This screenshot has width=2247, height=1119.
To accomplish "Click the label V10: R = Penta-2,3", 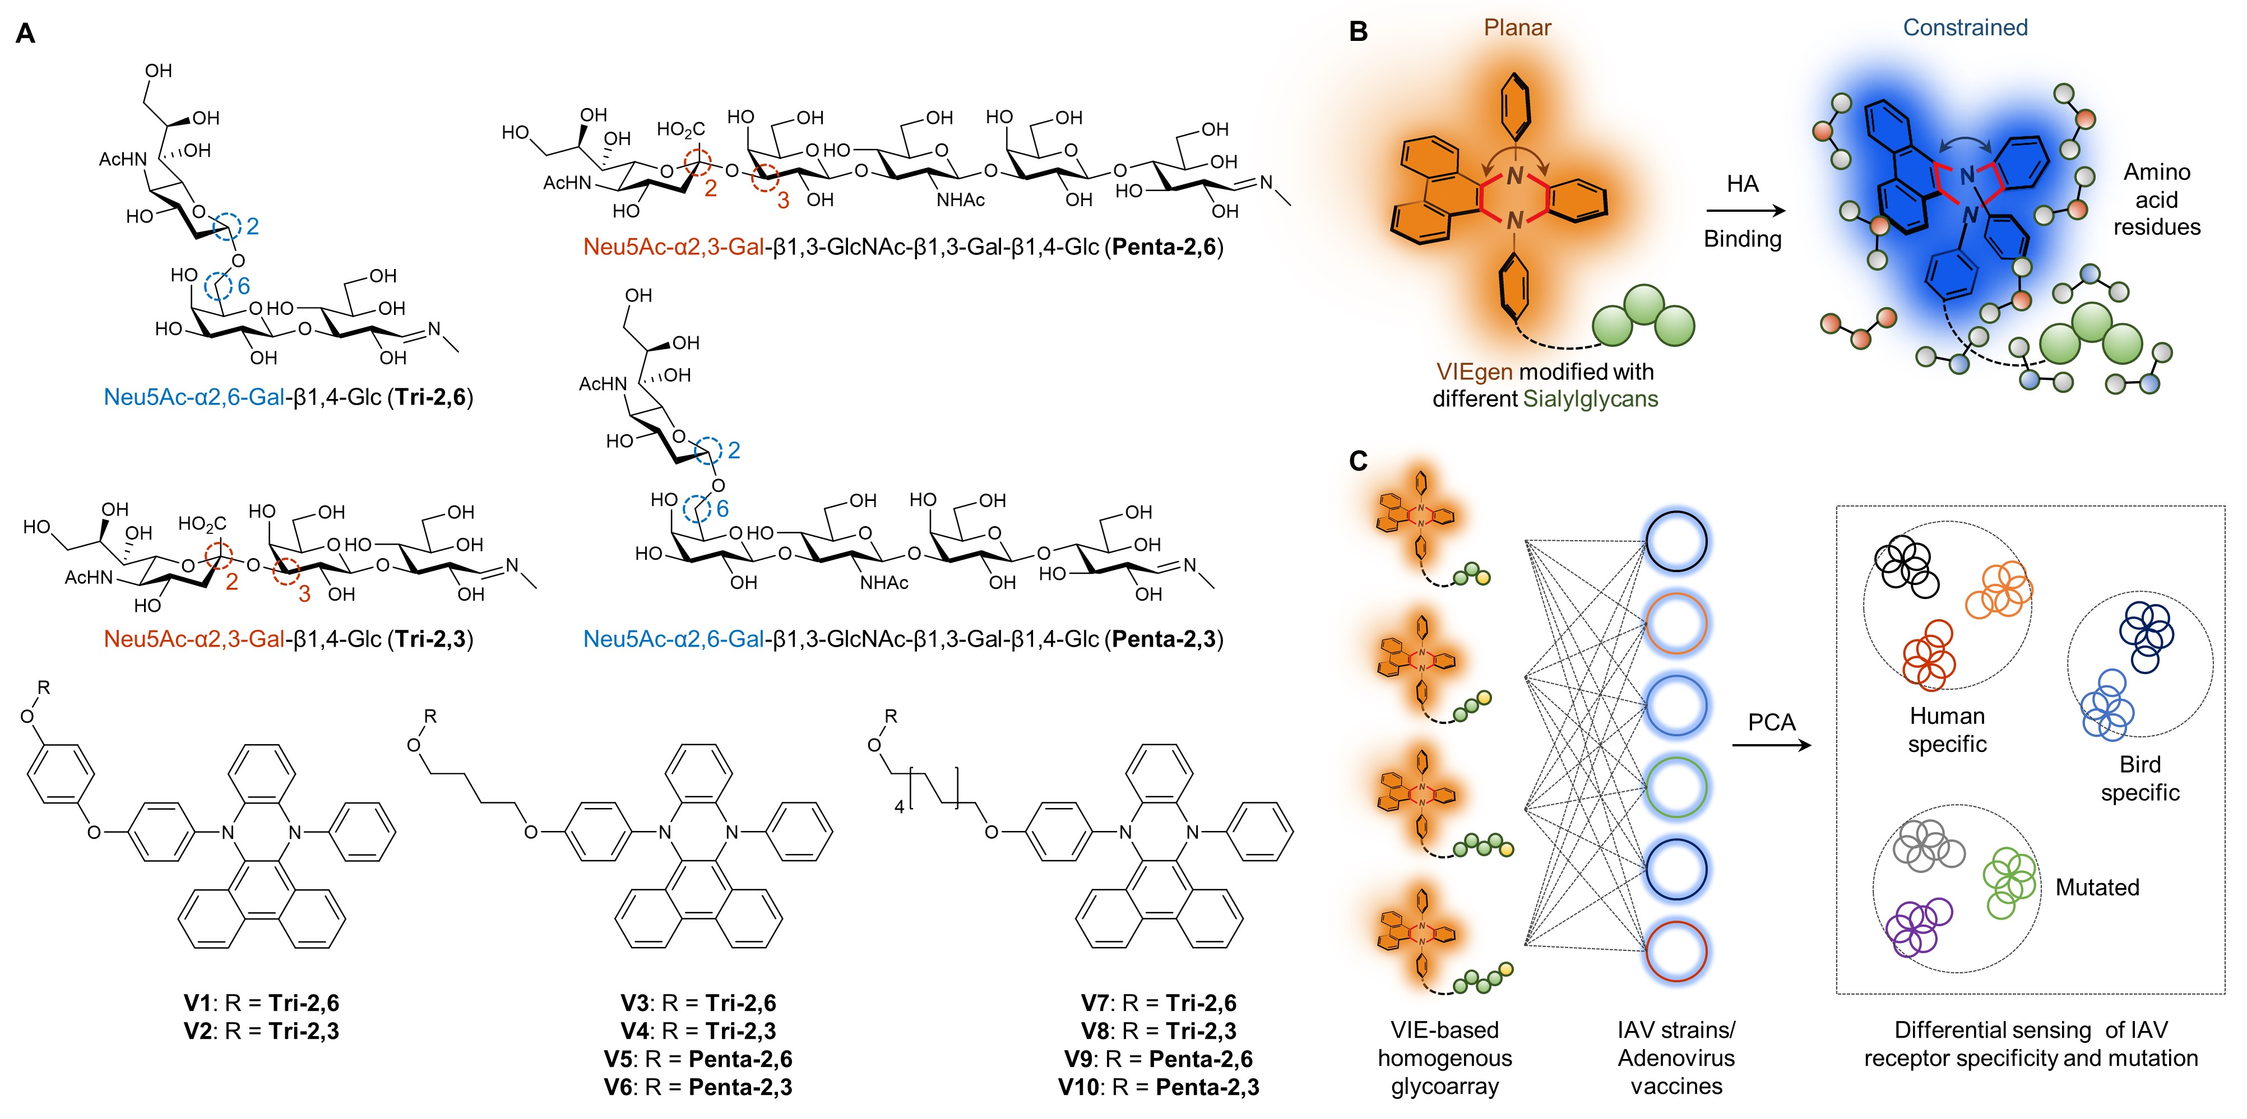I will (1159, 1087).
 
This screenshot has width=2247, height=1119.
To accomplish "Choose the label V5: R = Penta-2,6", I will (698, 1059).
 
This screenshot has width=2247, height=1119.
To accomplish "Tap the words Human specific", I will (1947, 730).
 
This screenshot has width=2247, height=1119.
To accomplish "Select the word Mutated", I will (2097, 888).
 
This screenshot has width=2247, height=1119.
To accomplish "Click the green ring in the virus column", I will (1676, 788).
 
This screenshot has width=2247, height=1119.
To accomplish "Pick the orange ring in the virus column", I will (1676, 624).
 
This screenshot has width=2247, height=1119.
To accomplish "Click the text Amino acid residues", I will (2156, 199).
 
